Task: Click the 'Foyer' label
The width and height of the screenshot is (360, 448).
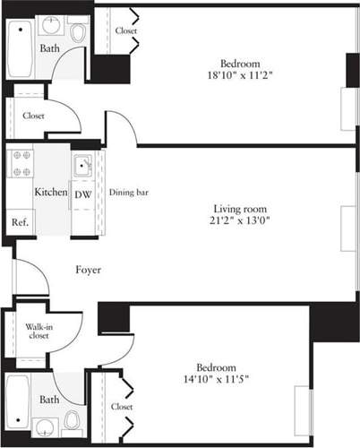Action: (87, 269)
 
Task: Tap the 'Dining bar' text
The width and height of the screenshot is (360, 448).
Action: (127, 192)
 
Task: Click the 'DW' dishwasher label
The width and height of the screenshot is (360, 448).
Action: (81, 194)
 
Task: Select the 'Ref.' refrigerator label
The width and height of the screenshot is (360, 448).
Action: (19, 222)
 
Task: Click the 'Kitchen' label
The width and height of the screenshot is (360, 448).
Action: (50, 193)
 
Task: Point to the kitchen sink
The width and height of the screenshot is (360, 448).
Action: (82, 165)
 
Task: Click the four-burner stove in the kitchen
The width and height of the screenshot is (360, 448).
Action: (21, 163)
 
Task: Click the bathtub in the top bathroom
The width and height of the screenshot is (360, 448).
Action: (20, 51)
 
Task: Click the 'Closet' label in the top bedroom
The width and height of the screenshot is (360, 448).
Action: (126, 31)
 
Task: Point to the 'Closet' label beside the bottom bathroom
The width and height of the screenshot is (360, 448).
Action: (122, 407)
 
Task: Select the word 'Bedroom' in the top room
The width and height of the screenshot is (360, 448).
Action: (241, 64)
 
